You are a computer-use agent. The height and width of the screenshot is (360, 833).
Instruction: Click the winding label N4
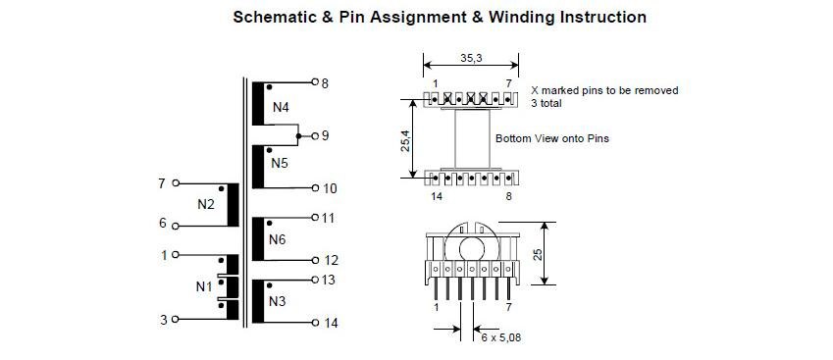point(281,108)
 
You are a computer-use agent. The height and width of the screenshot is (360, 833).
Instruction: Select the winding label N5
point(280,163)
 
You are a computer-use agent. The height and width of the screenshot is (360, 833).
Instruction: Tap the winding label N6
point(278,240)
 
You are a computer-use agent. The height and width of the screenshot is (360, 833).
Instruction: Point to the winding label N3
point(278,302)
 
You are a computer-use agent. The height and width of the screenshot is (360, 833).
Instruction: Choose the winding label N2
point(206,204)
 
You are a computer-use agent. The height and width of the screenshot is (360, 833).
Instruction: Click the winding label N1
point(204,286)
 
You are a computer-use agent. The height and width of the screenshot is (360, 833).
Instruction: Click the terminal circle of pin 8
point(315,82)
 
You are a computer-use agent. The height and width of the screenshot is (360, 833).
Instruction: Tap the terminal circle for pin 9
point(315,136)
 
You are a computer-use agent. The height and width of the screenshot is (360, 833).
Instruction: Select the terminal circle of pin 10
point(315,188)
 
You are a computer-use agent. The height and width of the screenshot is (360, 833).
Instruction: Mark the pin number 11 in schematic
point(330,218)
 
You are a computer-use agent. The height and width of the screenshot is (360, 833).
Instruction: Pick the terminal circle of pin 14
point(315,323)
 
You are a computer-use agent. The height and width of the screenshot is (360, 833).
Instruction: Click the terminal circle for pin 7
point(176,183)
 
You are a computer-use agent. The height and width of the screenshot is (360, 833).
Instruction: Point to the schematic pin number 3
point(164,320)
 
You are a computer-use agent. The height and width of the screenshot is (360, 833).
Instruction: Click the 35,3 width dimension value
point(471,59)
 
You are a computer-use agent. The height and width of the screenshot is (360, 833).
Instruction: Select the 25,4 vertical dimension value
point(406,139)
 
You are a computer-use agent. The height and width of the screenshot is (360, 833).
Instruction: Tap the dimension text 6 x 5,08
point(501,337)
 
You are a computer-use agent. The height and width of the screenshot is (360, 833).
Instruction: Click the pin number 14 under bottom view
point(437,196)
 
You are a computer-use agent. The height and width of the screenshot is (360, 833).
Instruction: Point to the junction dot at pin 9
point(298,136)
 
